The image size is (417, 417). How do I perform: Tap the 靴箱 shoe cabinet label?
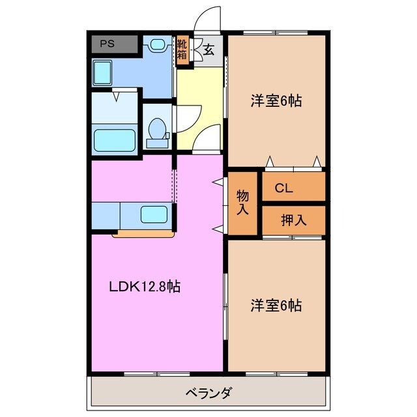[182, 50]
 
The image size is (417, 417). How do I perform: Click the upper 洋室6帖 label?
[276, 101]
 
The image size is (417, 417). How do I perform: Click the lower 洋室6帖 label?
[276, 305]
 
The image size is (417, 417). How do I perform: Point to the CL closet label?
[283, 188]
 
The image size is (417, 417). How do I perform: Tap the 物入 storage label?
[242, 203]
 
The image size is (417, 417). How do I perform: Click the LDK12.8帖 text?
[144, 286]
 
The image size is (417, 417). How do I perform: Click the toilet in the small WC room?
[156, 132]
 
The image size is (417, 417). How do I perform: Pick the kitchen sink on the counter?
[154, 214]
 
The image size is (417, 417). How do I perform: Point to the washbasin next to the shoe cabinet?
[158, 45]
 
